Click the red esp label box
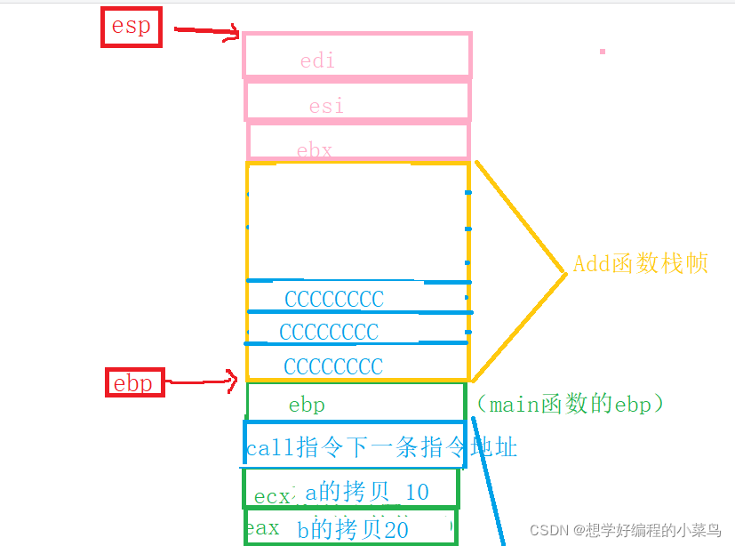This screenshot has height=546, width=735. point(131,27)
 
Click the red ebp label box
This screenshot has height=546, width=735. point(134,383)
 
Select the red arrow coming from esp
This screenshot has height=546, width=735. point(206,32)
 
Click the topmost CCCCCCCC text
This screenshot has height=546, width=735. point(334,299)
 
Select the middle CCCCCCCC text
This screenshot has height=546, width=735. point(329,333)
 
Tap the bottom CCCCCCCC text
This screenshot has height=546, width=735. point(333,366)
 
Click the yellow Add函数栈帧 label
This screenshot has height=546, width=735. point(640,264)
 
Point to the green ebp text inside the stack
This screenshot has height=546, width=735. point(307,405)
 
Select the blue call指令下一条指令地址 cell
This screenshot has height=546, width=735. point(381,447)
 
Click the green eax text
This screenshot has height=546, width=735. point(261,528)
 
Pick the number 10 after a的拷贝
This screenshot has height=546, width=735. point(416,492)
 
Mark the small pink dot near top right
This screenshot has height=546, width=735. point(603,52)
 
